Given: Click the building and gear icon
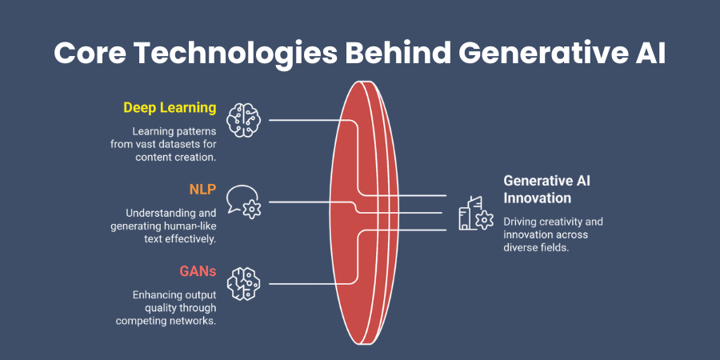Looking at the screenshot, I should (x=475, y=214).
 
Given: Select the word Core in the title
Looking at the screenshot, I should (x=89, y=54).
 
